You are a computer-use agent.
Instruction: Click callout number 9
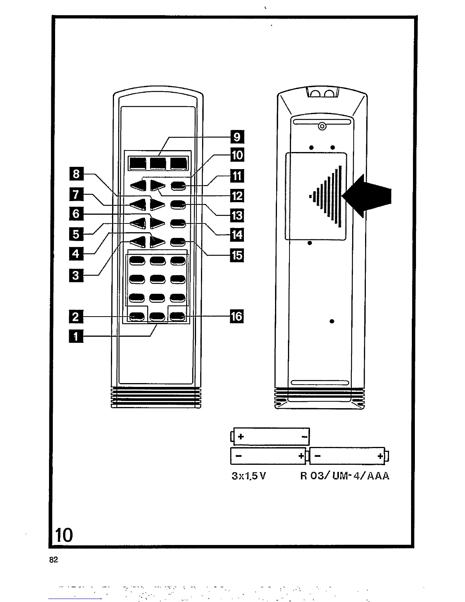[237, 136]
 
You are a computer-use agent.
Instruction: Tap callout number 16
[237, 316]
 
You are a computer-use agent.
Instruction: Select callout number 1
[76, 336]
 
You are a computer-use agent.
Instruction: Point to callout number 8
[76, 174]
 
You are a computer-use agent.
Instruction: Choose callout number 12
[237, 196]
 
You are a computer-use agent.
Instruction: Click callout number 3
[76, 274]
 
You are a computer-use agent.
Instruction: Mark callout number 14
[237, 235]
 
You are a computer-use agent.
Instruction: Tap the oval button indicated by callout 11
[178, 186]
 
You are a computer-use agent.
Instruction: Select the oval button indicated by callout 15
[178, 241]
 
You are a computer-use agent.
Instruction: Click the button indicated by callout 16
[178, 316]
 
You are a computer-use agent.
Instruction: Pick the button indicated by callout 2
[137, 316]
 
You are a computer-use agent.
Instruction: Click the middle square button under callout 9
[158, 163]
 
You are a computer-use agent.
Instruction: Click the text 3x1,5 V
[249, 476]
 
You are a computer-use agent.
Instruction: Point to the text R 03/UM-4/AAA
[345, 476]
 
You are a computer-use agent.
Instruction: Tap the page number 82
[54, 560]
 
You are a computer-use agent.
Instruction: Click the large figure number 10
[64, 535]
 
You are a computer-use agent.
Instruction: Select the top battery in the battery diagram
[271, 436]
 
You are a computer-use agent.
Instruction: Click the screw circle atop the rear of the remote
[322, 126]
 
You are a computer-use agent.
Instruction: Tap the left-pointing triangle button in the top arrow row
[138, 186]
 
